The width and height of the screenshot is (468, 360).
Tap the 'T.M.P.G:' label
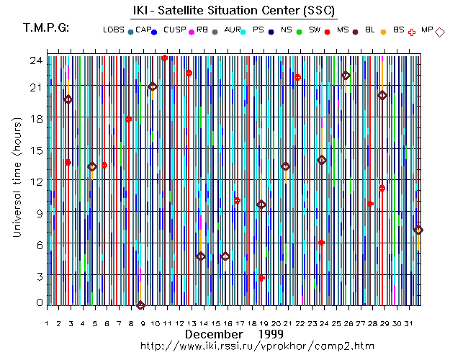tap(46, 28)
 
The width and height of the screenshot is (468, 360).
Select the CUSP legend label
tap(175, 30)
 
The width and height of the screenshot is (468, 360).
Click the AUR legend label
tap(233, 30)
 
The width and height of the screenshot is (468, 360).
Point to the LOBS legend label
tap(113, 30)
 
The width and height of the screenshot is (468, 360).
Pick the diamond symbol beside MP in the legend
tap(440, 32)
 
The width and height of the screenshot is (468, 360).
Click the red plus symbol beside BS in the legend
tap(412, 32)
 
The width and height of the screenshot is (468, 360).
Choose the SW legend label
tap(315, 30)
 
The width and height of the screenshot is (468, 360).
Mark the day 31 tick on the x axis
tap(408, 324)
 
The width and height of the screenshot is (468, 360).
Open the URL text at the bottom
tap(257, 346)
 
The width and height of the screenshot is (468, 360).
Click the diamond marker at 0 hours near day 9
tap(140, 305)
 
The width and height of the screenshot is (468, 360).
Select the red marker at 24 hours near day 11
tap(165, 58)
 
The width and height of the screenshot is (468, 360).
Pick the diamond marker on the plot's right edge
tap(418, 230)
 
